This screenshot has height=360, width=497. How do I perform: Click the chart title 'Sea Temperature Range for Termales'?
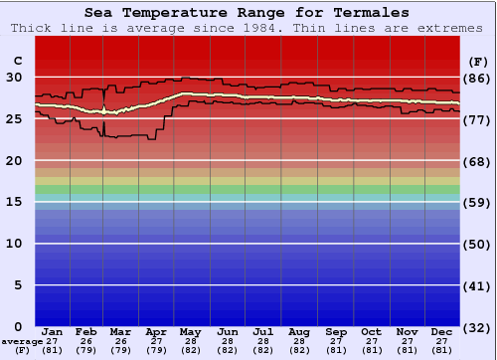click(247, 13)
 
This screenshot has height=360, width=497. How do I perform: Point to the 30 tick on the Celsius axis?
click(14, 77)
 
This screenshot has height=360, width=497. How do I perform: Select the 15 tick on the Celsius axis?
click(14, 202)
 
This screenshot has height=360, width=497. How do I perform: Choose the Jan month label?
click(53, 331)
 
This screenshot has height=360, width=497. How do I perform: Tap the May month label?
click(189, 331)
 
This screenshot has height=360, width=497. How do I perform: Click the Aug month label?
click(298, 331)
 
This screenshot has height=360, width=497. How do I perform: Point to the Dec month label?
click(442, 331)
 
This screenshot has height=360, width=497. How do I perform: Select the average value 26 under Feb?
click(86, 341)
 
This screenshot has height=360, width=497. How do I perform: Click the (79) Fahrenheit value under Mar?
click(120, 350)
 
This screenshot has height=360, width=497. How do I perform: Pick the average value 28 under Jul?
click(262, 341)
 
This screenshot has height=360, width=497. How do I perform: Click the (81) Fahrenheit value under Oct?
click(371, 350)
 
